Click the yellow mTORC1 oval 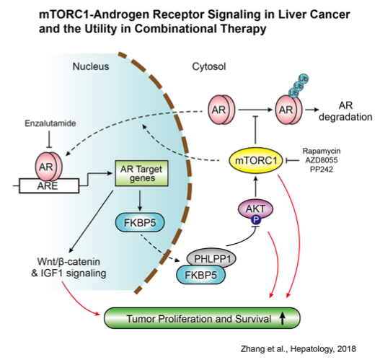pos(256,160)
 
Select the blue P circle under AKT pos(256,220)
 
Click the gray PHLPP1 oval pos(211,259)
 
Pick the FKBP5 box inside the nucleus pos(140,222)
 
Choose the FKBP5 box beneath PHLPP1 pos(200,275)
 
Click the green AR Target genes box pos(141,173)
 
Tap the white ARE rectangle pos(49,186)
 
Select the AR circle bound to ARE pos(48,167)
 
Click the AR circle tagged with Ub pos(288,110)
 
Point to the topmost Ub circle pos(304,79)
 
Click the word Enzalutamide pos(50,123)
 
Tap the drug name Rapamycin pos(322,151)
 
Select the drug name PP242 pos(322,170)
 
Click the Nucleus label pos(91,66)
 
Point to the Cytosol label pos(209,66)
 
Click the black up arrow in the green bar pos(282,318)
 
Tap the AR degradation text pos(345,111)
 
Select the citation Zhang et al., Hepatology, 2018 pos(298,349)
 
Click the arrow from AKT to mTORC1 pos(256,187)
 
